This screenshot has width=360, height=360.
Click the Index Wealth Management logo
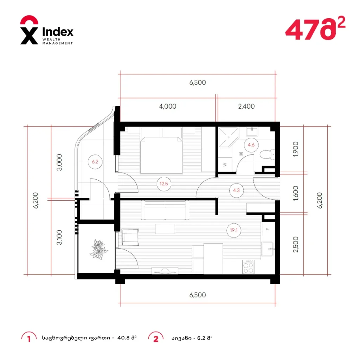[47, 30]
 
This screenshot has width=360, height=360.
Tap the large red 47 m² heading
[315, 28]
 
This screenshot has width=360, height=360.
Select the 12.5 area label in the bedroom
[164, 184]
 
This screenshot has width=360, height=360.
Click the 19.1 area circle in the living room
[234, 230]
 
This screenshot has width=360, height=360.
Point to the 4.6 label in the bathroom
[251, 145]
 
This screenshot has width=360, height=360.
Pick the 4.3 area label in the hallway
[236, 190]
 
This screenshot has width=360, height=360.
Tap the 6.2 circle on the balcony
[95, 162]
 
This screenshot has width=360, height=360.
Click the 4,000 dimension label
[168, 106]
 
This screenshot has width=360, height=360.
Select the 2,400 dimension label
[246, 106]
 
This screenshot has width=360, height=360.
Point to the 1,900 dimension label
[295, 149]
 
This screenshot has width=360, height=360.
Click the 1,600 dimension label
[295, 193]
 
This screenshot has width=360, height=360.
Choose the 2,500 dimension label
[295, 245]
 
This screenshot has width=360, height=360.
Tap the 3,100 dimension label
[59, 237]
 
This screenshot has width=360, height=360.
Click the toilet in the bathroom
[268, 154]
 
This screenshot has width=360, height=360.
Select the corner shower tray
[229, 137]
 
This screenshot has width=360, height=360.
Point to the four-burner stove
[248, 267]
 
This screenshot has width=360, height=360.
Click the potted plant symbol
[98, 250]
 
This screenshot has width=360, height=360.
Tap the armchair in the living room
[130, 237]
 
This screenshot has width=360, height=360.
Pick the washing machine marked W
[225, 165]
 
